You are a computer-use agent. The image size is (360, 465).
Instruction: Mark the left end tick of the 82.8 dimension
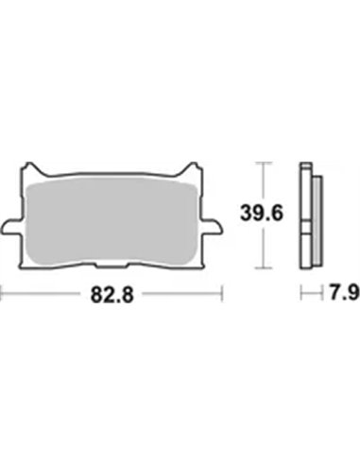point(3,295)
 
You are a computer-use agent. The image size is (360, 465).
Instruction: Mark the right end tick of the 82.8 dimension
point(223,295)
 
